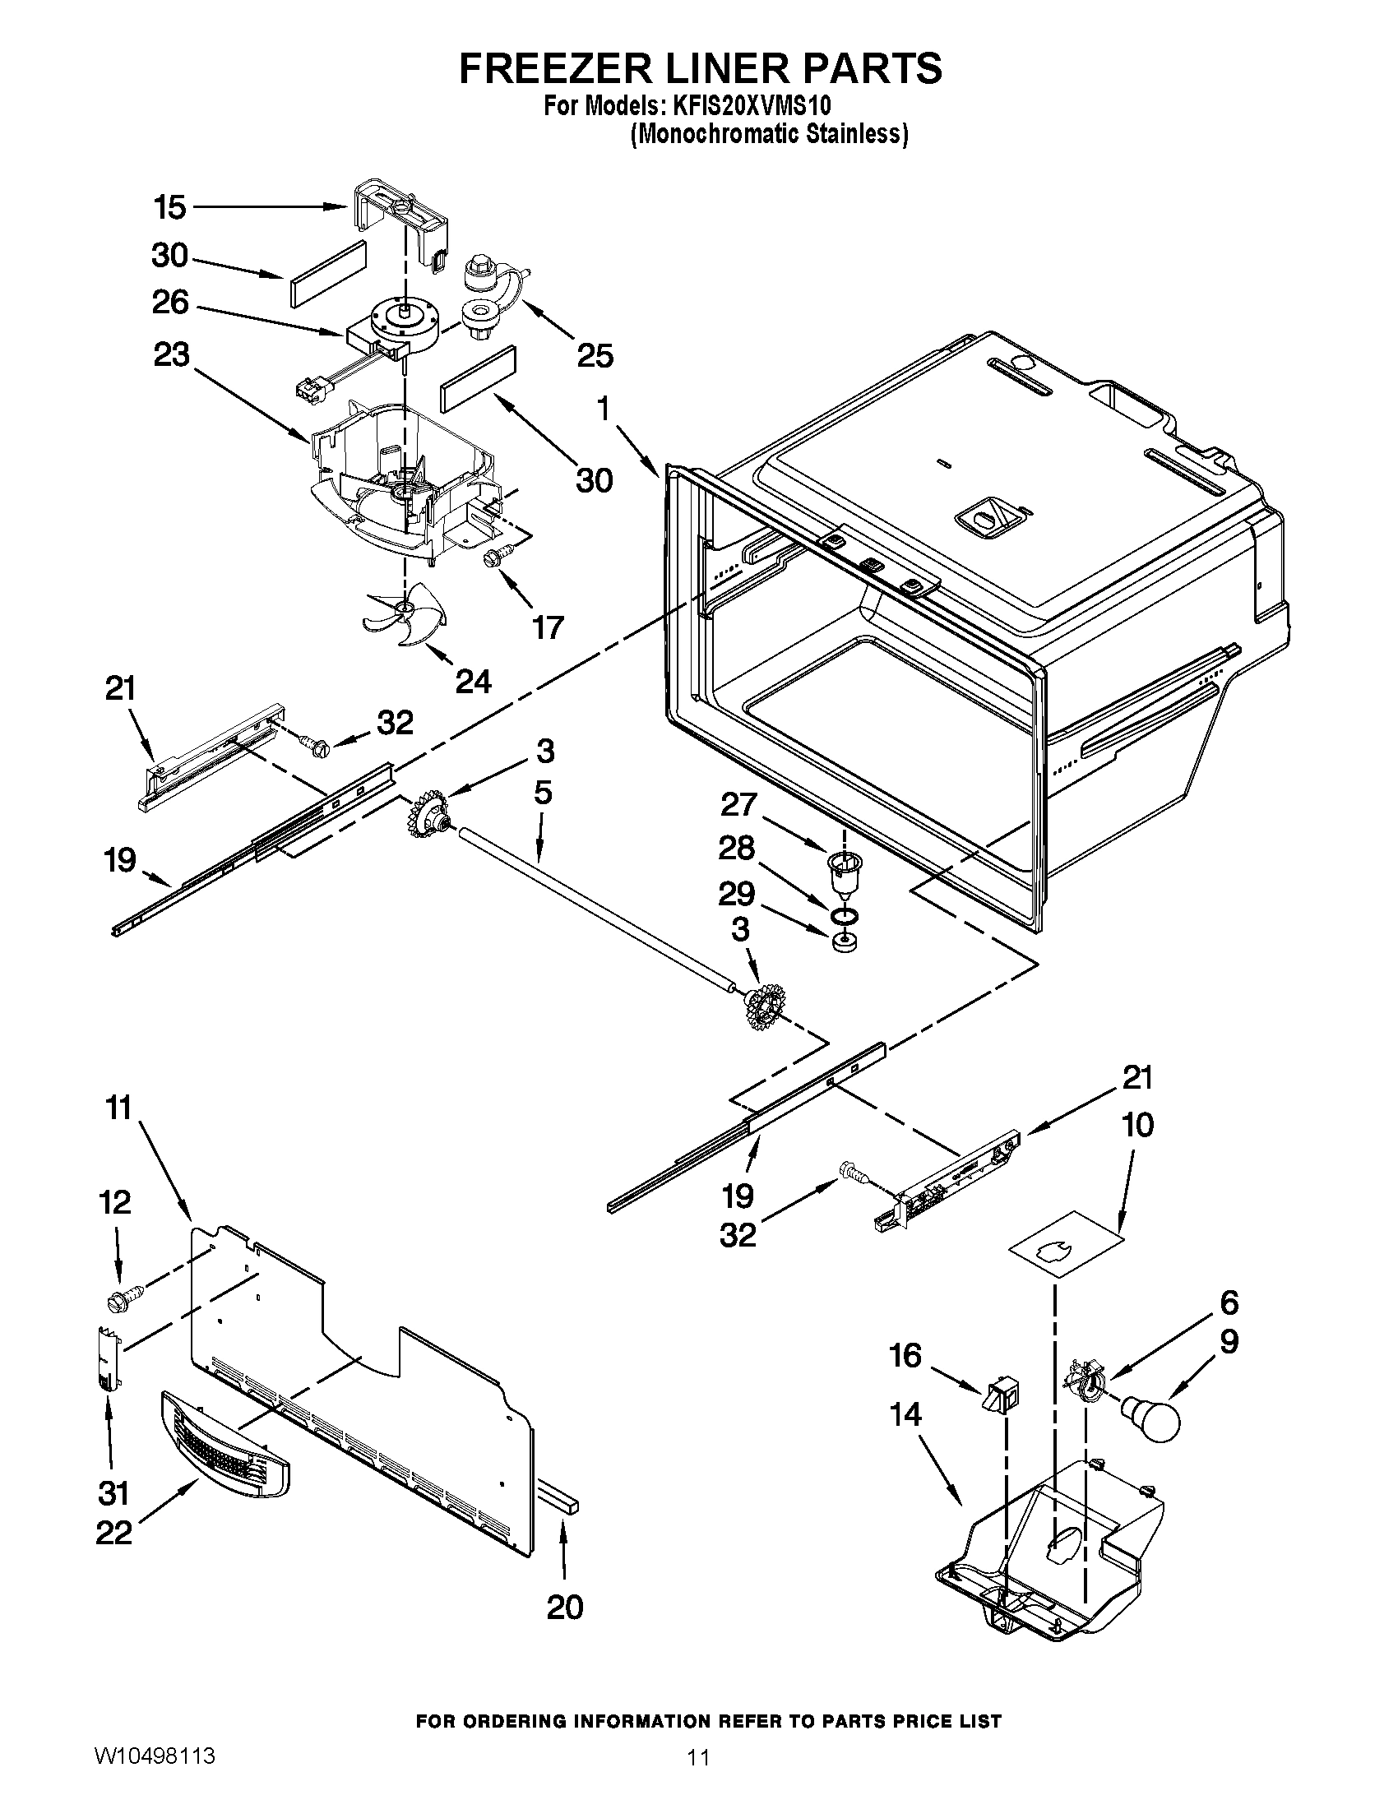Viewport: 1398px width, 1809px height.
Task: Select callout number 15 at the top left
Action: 169,207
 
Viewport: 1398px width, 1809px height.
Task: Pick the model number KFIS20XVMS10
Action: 753,107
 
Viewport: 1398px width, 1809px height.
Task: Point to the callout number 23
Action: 171,356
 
